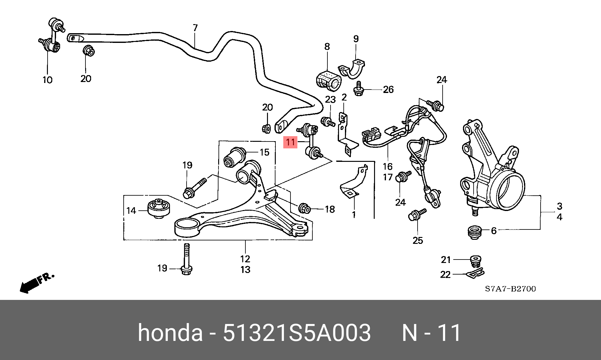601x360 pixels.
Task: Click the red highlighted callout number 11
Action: [x=290, y=142]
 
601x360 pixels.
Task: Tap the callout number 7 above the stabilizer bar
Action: [x=195, y=28]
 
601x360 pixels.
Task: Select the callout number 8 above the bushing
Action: [x=327, y=47]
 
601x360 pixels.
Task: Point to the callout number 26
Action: [x=388, y=90]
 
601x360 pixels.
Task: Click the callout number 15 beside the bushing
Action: [x=265, y=152]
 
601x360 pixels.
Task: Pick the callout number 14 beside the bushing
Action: [x=131, y=211]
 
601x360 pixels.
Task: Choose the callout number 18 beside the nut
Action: [x=330, y=209]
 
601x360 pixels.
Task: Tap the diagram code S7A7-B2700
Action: [x=510, y=289]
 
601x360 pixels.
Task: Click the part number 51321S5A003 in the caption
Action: [x=296, y=332]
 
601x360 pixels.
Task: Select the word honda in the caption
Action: [x=170, y=332]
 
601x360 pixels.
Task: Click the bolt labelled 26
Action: [x=359, y=89]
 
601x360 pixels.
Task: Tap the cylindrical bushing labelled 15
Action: [x=234, y=157]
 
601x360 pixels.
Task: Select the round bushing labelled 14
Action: [x=159, y=208]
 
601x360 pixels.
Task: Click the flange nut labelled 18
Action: [x=304, y=208]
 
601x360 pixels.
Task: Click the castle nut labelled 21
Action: [x=476, y=261]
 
